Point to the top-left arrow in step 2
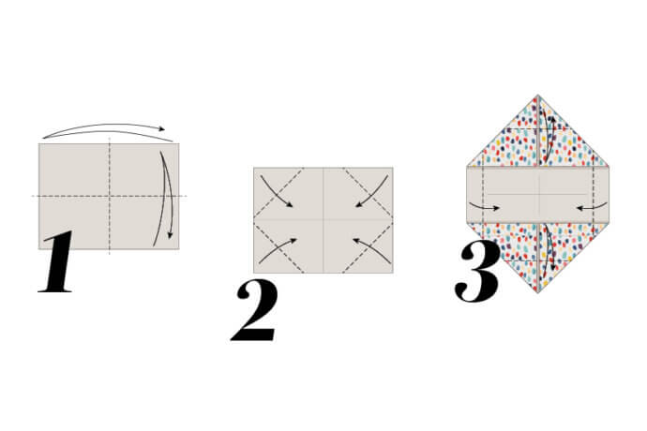click(278, 191)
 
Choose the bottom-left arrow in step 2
click(278, 249)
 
